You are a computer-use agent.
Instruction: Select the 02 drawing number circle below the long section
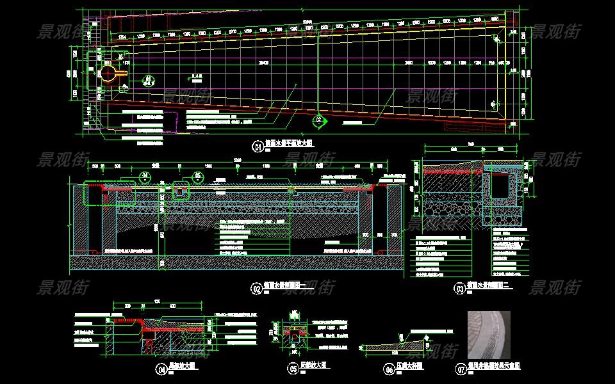click(256, 289)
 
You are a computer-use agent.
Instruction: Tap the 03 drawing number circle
click(459, 289)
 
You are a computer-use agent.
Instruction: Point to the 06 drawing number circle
click(388, 369)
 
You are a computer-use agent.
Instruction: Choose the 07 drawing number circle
click(461, 369)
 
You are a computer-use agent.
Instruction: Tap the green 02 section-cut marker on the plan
click(318, 119)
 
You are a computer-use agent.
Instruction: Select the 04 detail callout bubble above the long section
click(145, 175)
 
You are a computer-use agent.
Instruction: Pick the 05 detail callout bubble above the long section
click(198, 175)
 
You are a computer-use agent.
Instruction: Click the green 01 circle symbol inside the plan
click(148, 80)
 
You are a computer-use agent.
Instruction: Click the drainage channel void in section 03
click(500, 186)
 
